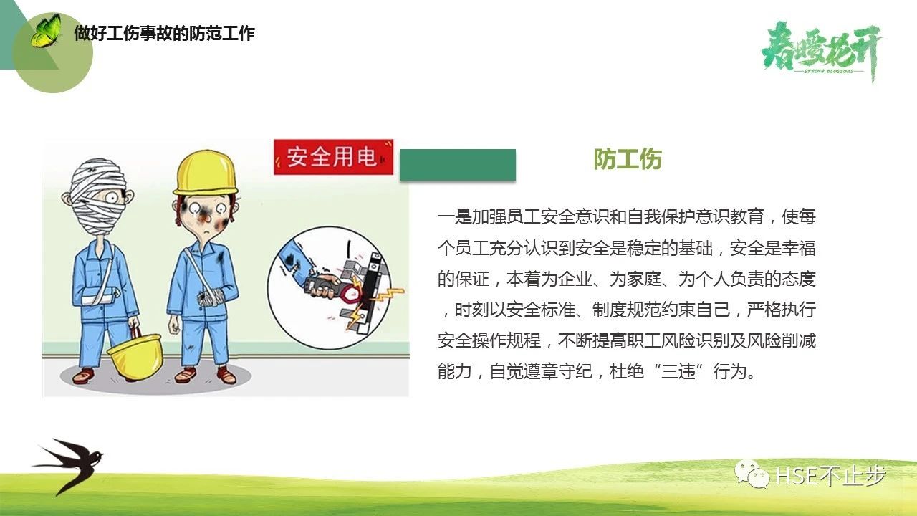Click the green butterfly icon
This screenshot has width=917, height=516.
click(x=46, y=31)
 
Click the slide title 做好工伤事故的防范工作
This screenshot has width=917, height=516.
click(x=165, y=33)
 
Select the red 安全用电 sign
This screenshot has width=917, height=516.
click(x=334, y=157)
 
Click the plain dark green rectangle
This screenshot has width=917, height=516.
click(x=458, y=165)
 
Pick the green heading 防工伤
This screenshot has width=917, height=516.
click(x=628, y=159)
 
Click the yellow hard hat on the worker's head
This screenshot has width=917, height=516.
click(x=206, y=173)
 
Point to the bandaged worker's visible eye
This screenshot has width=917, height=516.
click(x=112, y=199)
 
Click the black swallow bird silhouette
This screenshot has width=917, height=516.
click(x=67, y=465)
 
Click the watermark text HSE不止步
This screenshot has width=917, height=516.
click(x=831, y=475)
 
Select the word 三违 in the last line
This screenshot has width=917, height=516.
click(x=678, y=371)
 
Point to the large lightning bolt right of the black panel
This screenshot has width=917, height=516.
click(x=389, y=294)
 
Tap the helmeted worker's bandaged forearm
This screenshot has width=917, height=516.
click(x=211, y=297)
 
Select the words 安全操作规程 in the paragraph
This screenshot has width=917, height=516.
click(x=489, y=340)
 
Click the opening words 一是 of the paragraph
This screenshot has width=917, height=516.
click(x=455, y=216)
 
